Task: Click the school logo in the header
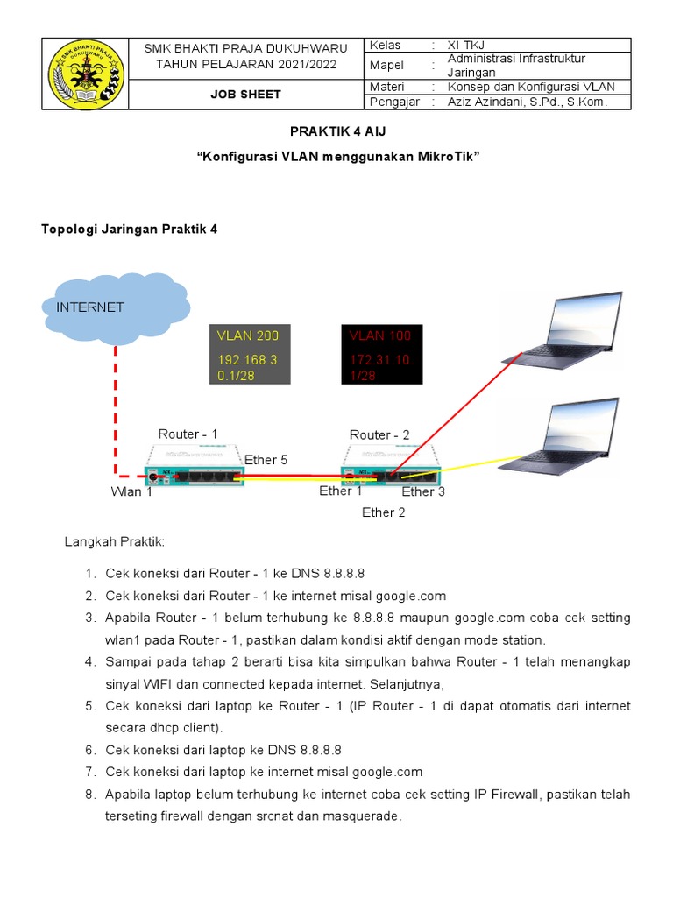pos(85,74)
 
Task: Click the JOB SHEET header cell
pos(245,95)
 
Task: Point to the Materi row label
pos(388,87)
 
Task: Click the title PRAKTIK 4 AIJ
pos(337,131)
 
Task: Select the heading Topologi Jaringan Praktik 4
pos(129,230)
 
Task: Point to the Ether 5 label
pos(266,460)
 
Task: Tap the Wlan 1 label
pos(131,492)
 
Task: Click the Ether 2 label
pos(384,512)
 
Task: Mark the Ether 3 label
pos(423,492)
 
